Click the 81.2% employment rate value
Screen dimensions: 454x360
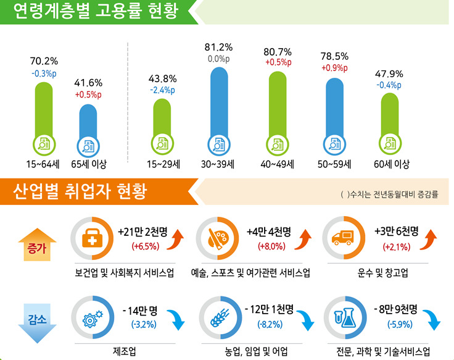(218, 48)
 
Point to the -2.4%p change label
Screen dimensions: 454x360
(162, 90)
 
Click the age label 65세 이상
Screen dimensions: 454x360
(89, 164)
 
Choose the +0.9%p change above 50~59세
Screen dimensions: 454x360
(334, 68)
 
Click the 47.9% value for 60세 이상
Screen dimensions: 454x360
(389, 74)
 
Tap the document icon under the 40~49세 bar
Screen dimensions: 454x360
(278, 144)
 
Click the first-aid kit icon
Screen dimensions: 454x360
(92, 238)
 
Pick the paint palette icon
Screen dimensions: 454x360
(218, 238)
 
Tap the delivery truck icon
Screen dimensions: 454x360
(344, 238)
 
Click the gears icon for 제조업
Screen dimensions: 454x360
(93, 319)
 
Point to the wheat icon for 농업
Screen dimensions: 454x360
(220, 318)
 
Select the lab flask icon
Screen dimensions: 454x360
(345, 317)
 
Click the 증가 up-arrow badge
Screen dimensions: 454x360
(37, 245)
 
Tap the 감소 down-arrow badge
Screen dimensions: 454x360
(37, 323)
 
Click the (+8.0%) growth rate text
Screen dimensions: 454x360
(271, 246)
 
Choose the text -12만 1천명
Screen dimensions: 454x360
(270, 309)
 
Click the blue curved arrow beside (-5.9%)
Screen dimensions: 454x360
(432, 319)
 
